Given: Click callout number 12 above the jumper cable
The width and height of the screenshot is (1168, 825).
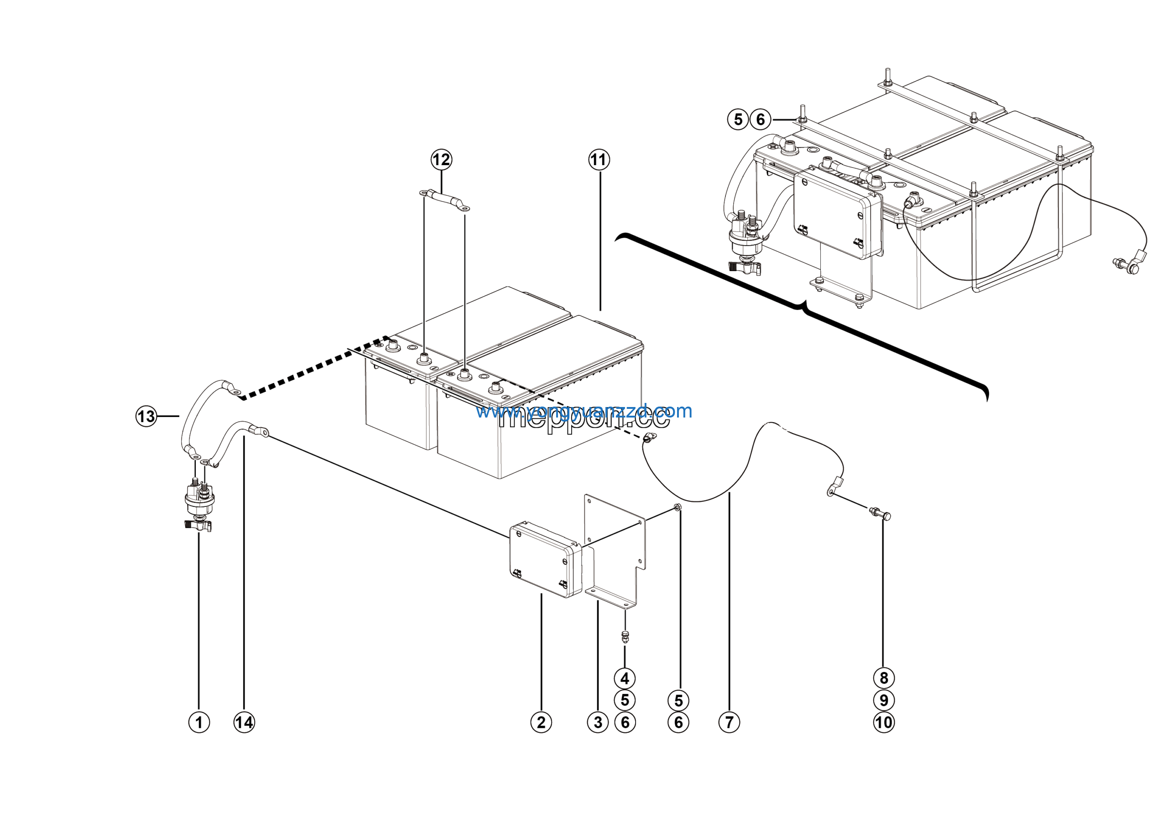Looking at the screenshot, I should (441, 160).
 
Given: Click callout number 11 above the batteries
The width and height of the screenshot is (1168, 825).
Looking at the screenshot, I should (599, 160).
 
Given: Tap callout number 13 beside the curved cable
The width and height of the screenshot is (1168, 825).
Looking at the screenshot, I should (146, 416).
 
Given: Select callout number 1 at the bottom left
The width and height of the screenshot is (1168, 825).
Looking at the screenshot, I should (199, 722).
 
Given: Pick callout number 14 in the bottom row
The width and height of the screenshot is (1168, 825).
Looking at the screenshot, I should (244, 722).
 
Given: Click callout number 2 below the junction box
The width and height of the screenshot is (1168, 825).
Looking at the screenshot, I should (541, 722).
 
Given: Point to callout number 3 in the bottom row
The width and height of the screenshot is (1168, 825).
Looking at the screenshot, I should (598, 722).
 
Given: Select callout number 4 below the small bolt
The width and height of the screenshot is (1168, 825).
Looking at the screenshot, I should (625, 678).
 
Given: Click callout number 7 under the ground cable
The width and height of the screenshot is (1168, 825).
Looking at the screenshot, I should (729, 722).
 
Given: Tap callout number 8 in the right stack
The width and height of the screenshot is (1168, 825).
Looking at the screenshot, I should (884, 678).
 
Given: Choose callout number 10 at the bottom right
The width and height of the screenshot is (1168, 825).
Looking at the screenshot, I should (884, 722).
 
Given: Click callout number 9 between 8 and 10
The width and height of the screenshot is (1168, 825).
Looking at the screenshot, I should (884, 700).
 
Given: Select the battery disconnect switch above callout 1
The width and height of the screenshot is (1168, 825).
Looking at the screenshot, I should (199, 501).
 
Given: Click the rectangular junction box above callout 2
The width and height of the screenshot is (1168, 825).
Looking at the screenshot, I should (545, 559).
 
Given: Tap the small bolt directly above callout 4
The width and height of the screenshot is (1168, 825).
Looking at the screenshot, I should (625, 636).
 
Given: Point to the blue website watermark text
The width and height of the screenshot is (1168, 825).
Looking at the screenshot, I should (584, 411).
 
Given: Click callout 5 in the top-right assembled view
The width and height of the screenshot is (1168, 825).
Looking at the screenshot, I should (738, 120).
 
